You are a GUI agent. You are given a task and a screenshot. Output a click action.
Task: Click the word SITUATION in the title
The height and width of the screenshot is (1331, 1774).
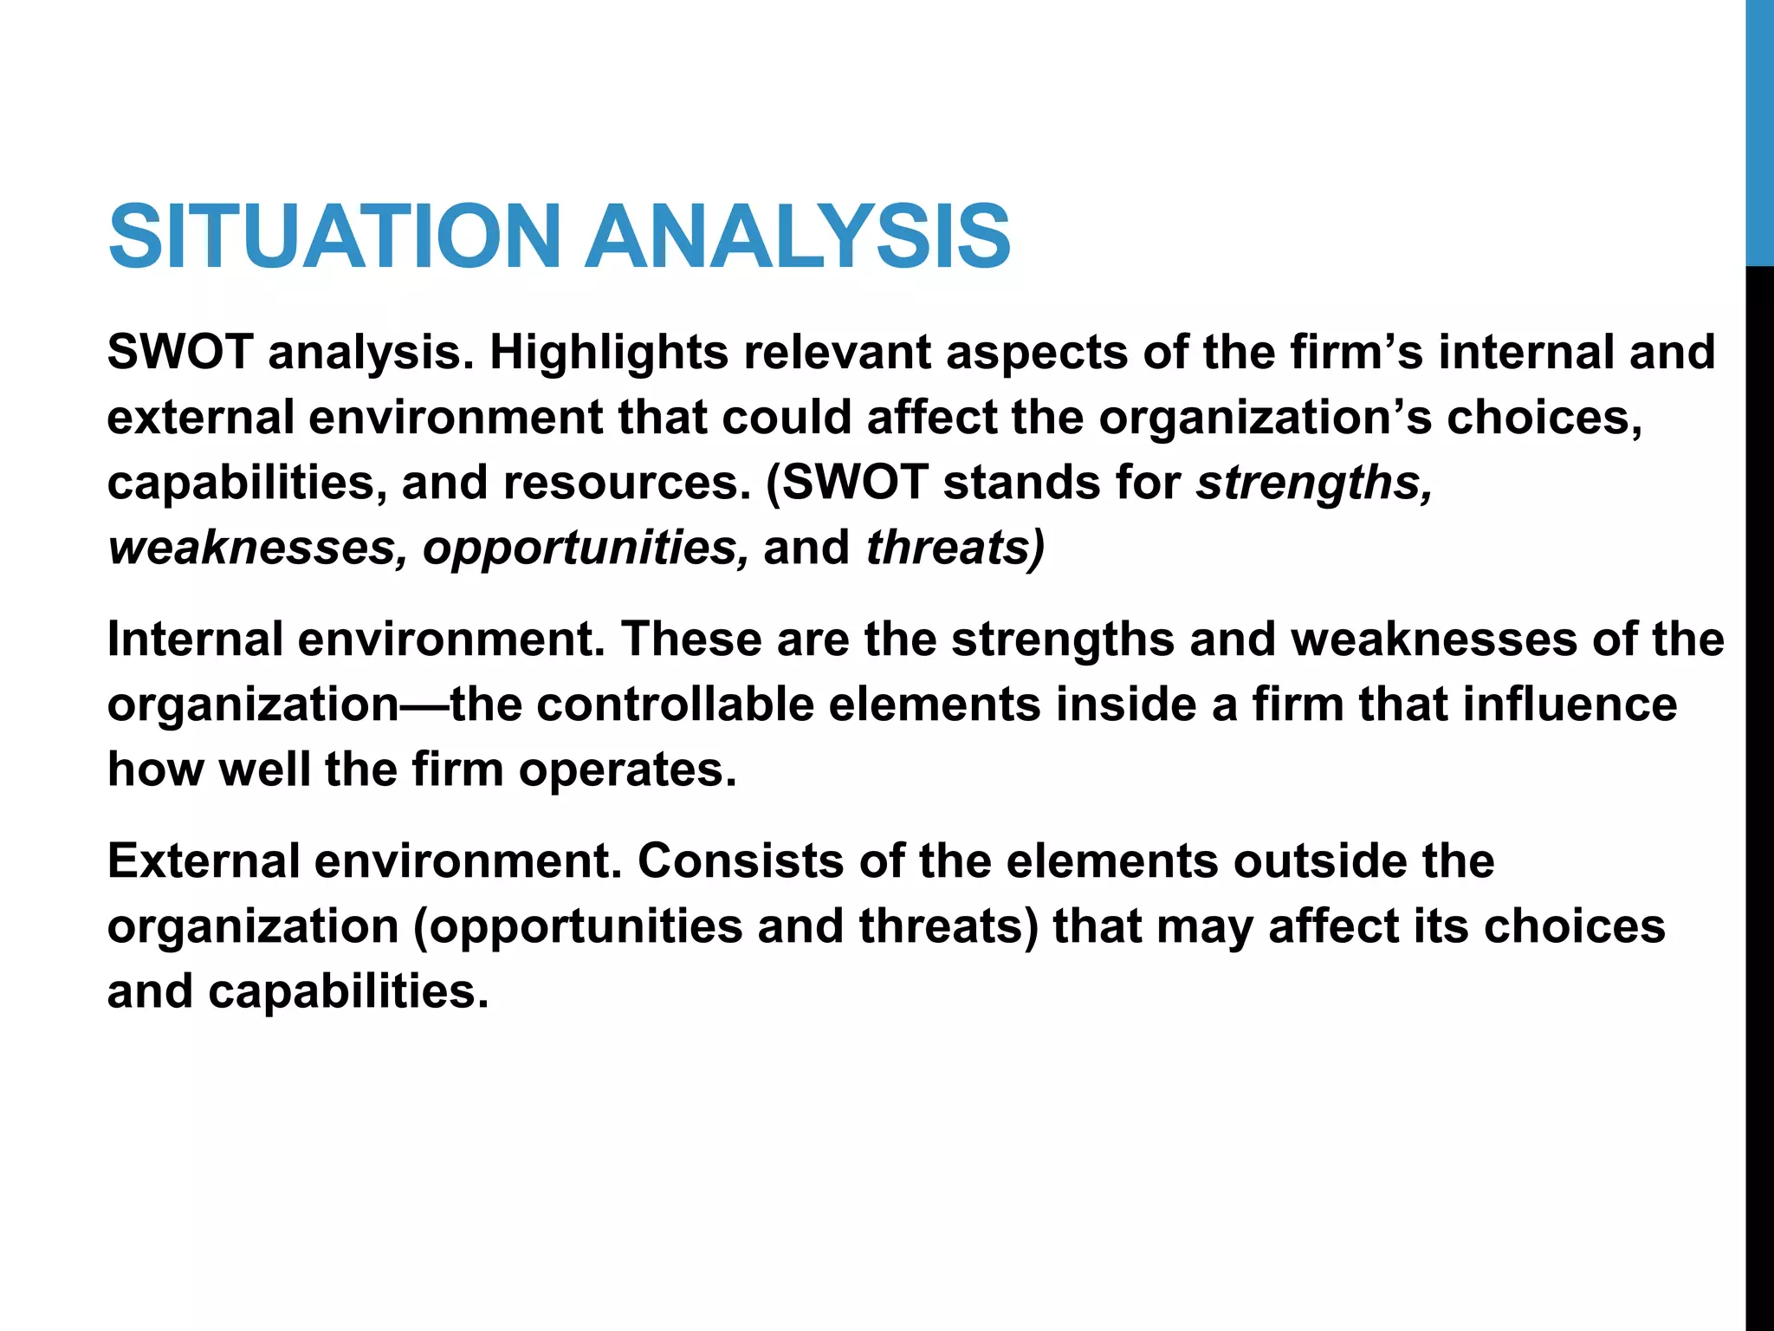tap(334, 236)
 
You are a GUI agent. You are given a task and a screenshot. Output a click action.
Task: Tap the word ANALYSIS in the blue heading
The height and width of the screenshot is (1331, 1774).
tap(797, 236)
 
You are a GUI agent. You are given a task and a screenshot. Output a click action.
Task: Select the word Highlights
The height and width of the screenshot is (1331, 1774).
tap(609, 353)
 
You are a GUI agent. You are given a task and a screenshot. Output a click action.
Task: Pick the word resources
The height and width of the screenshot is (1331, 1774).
tap(627, 483)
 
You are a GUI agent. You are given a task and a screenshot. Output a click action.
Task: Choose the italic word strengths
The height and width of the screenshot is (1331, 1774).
tap(1313, 483)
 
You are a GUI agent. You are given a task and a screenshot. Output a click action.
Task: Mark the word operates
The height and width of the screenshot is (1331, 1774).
tap(627, 769)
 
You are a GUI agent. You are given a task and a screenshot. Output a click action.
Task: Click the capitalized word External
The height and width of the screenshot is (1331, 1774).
tap(204, 861)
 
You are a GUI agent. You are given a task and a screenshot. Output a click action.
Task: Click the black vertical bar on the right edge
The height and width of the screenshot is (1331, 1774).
tap(1759, 797)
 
